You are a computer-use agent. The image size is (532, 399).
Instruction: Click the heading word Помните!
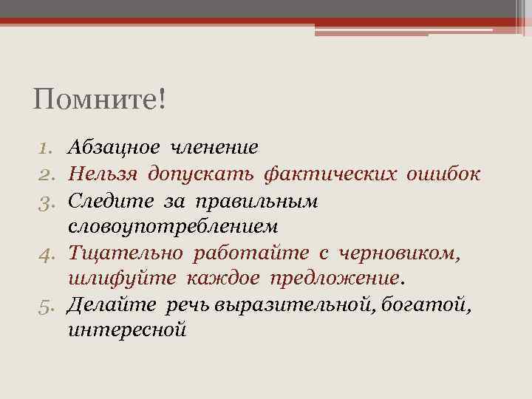[100, 99]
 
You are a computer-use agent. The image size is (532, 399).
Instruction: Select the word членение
[214, 147]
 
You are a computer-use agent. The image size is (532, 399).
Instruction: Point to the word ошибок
[443, 174]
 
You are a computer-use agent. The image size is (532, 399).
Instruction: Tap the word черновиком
[400, 254]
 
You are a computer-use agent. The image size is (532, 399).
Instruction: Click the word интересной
[126, 330]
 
